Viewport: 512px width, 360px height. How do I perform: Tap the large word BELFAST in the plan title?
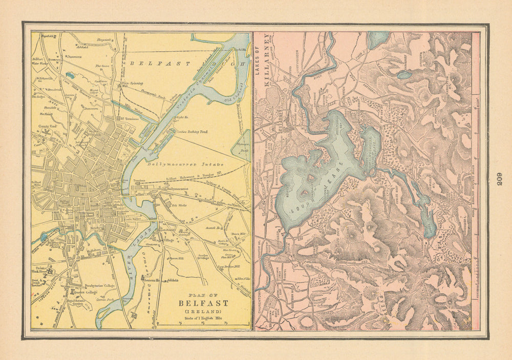[x=203, y=303]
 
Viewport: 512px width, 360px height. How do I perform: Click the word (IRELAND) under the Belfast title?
[x=203, y=311]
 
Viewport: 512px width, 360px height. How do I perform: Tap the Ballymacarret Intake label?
[x=177, y=165]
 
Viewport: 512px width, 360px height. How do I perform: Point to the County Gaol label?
[x=46, y=126]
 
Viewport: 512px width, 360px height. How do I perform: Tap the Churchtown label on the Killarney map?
[x=259, y=307]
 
